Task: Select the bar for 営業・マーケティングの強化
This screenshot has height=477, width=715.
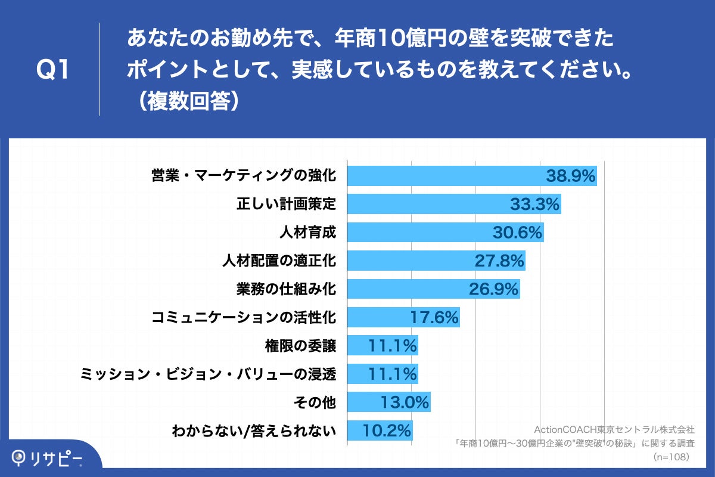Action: pyautogui.click(x=447, y=176)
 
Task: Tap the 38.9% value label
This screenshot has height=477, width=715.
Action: pyautogui.click(x=571, y=176)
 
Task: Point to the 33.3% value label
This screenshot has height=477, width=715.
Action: pyautogui.click(x=535, y=204)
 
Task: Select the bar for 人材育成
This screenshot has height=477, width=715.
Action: pyautogui.click(x=417, y=233)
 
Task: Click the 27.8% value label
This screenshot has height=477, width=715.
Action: pyautogui.click(x=499, y=261)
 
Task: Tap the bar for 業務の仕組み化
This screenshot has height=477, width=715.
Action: pyautogui.click(x=405, y=289)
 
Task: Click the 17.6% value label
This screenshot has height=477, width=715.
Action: pyautogui.click(x=434, y=317)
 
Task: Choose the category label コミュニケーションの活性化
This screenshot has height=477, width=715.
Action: pyautogui.click(x=244, y=317)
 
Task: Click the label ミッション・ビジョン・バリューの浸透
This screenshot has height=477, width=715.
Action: pyautogui.click(x=209, y=374)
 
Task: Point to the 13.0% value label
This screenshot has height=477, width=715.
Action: pyautogui.click(x=405, y=402)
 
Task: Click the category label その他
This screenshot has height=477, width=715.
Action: pyautogui.click(x=315, y=402)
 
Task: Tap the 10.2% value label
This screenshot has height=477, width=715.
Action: pyautogui.click(x=387, y=430)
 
